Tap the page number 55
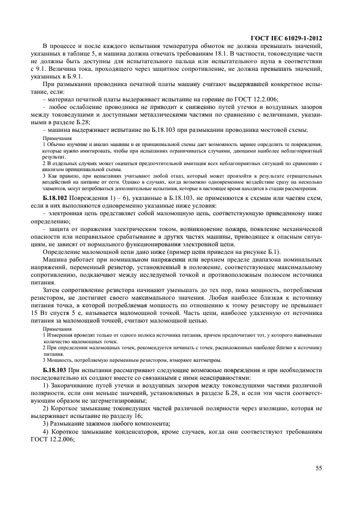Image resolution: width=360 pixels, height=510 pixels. [x=319, y=467]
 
